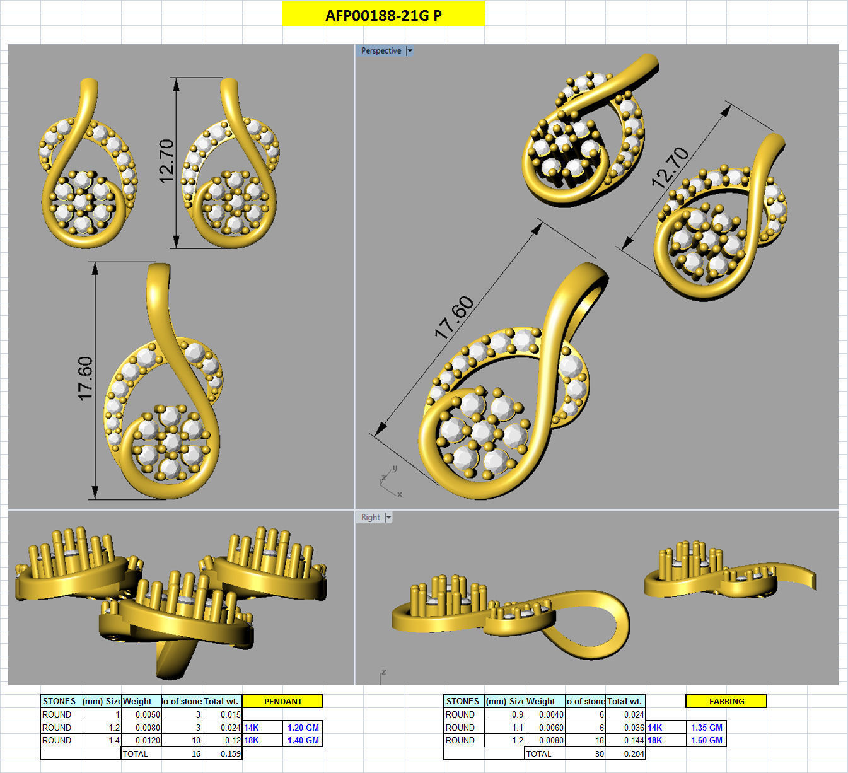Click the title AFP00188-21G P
coord(383,15)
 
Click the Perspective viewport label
coord(381,51)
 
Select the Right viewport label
coord(370,518)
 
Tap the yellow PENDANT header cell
coord(282,701)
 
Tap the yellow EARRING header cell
coord(726,701)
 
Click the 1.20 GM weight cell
coord(303,728)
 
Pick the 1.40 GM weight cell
coord(303,740)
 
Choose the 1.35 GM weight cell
coord(706,728)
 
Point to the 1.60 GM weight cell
coord(706,740)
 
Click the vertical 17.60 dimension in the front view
coord(85,378)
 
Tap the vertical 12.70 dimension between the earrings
coord(166,161)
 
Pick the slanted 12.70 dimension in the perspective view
coord(670,167)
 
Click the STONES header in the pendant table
coord(59,701)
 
